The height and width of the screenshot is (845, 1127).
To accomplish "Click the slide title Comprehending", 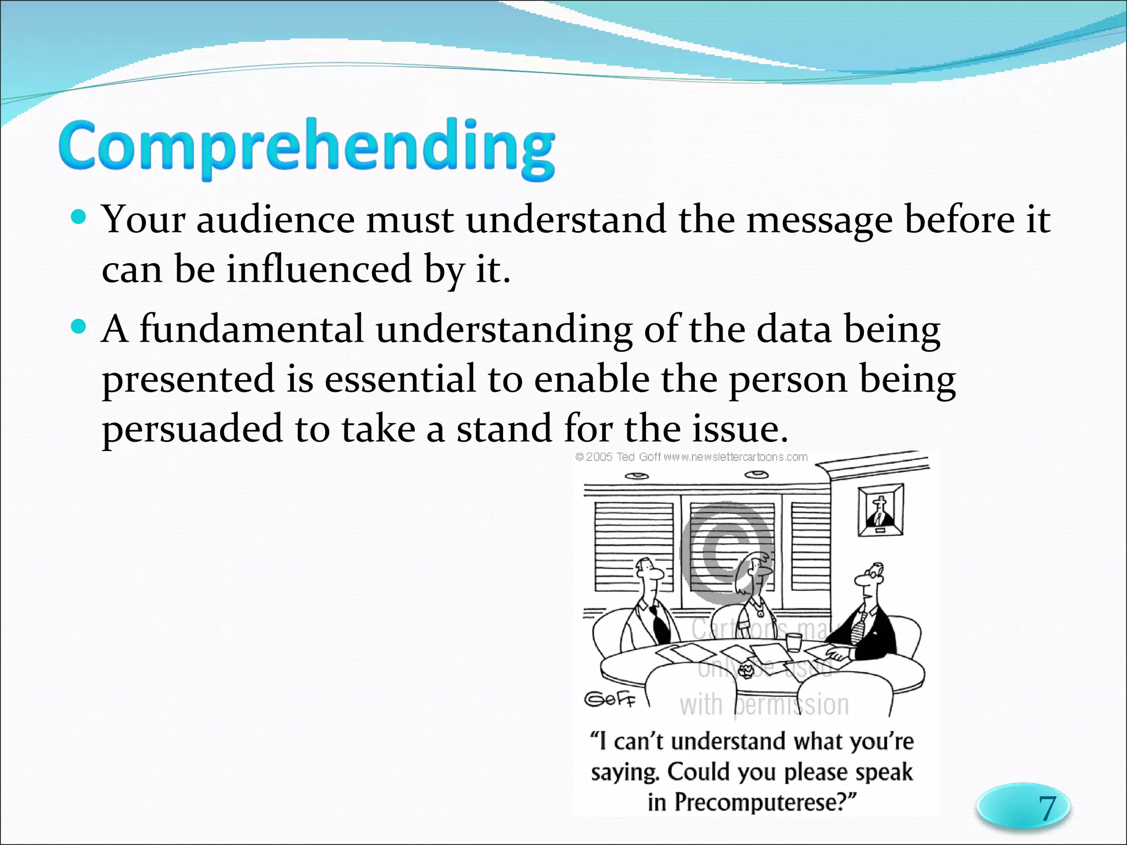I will point(306,147).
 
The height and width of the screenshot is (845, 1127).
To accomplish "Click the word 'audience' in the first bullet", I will point(275,220).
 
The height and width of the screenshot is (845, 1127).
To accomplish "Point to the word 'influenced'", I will point(319,270).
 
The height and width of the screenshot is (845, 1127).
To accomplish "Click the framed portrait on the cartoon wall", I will point(880,509).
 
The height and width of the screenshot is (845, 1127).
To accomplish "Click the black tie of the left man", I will point(658,624).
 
